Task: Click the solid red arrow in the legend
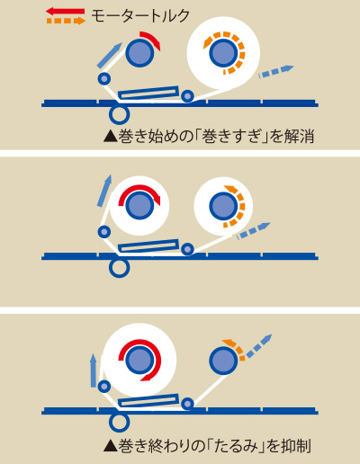tap(65, 12)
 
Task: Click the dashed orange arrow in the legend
tap(66, 21)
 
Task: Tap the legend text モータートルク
tap(140, 16)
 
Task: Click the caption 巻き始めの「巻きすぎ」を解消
tap(209, 137)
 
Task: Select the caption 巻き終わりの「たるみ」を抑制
tap(207, 446)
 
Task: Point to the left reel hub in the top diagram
tap(139, 53)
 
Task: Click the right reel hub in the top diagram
tap(223, 53)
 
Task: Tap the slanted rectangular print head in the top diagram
tap(148, 93)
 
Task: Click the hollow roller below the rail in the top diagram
tap(119, 114)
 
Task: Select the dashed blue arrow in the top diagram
tap(275, 71)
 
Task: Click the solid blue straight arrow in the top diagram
tap(110, 55)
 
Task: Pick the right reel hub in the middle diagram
tap(223, 206)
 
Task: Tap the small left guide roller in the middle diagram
tap(104, 232)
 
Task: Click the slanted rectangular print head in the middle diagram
tap(148, 245)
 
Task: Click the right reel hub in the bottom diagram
tap(223, 361)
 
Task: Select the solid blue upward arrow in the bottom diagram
tap(94, 370)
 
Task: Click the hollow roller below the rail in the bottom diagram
tap(119, 423)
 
